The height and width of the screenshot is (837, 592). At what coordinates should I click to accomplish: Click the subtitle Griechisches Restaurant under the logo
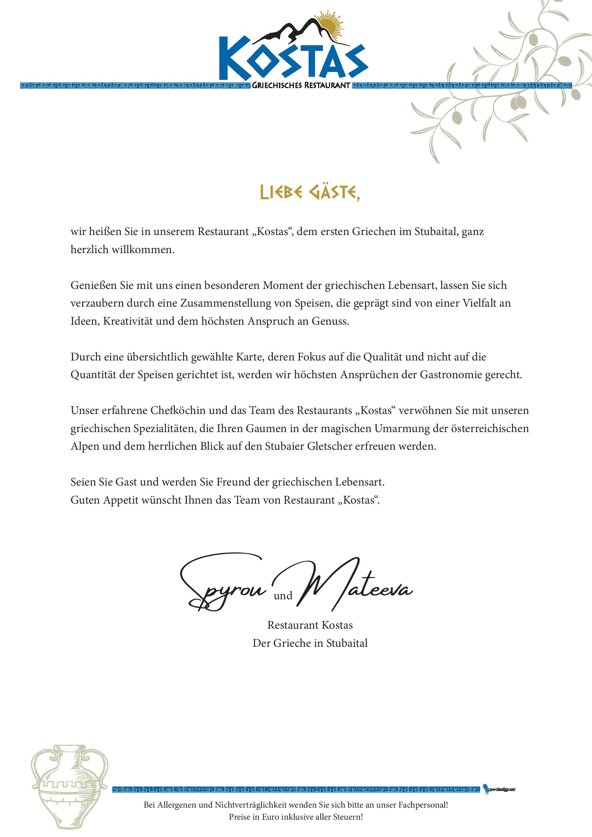tap(301, 86)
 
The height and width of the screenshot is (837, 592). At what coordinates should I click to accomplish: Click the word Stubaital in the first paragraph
tap(436, 231)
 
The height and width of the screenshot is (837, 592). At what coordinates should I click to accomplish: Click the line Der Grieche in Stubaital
tap(310, 643)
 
